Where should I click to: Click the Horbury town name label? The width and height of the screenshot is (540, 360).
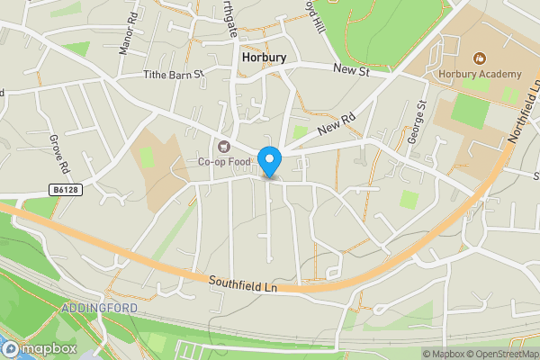coord(265,57)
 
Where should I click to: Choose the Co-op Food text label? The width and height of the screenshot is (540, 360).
coord(223,163)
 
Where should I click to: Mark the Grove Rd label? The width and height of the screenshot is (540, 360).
coord(58,154)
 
